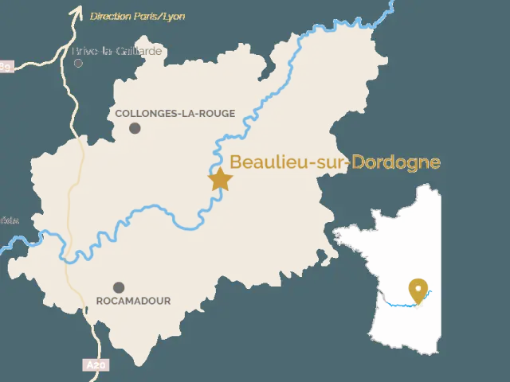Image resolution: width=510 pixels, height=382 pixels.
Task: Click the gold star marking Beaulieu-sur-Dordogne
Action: (220, 179)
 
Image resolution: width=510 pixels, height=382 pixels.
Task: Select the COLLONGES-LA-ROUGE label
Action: (175, 113)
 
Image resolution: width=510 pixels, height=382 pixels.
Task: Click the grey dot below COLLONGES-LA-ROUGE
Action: (135, 128)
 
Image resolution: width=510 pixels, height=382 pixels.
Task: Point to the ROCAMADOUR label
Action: (133, 301)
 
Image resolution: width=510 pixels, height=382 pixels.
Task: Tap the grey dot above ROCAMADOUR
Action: (119, 287)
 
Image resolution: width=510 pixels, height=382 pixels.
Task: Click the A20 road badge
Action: (95, 365)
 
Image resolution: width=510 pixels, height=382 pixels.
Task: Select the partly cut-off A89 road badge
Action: (6, 67)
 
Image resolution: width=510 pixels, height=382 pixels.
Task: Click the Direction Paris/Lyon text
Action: (138, 16)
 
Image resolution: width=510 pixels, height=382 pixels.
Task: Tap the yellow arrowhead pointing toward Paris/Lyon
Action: (76, 10)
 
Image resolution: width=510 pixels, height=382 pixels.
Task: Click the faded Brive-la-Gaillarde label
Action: (117, 51)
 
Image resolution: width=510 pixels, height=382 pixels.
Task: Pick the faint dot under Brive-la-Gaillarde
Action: (77, 63)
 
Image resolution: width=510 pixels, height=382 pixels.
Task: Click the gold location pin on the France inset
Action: (417, 290)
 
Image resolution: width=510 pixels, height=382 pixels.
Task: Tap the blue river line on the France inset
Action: (398, 303)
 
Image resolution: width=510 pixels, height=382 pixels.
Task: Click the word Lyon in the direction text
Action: (174, 16)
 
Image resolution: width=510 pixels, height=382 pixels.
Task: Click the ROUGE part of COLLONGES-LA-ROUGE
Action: (217, 113)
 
